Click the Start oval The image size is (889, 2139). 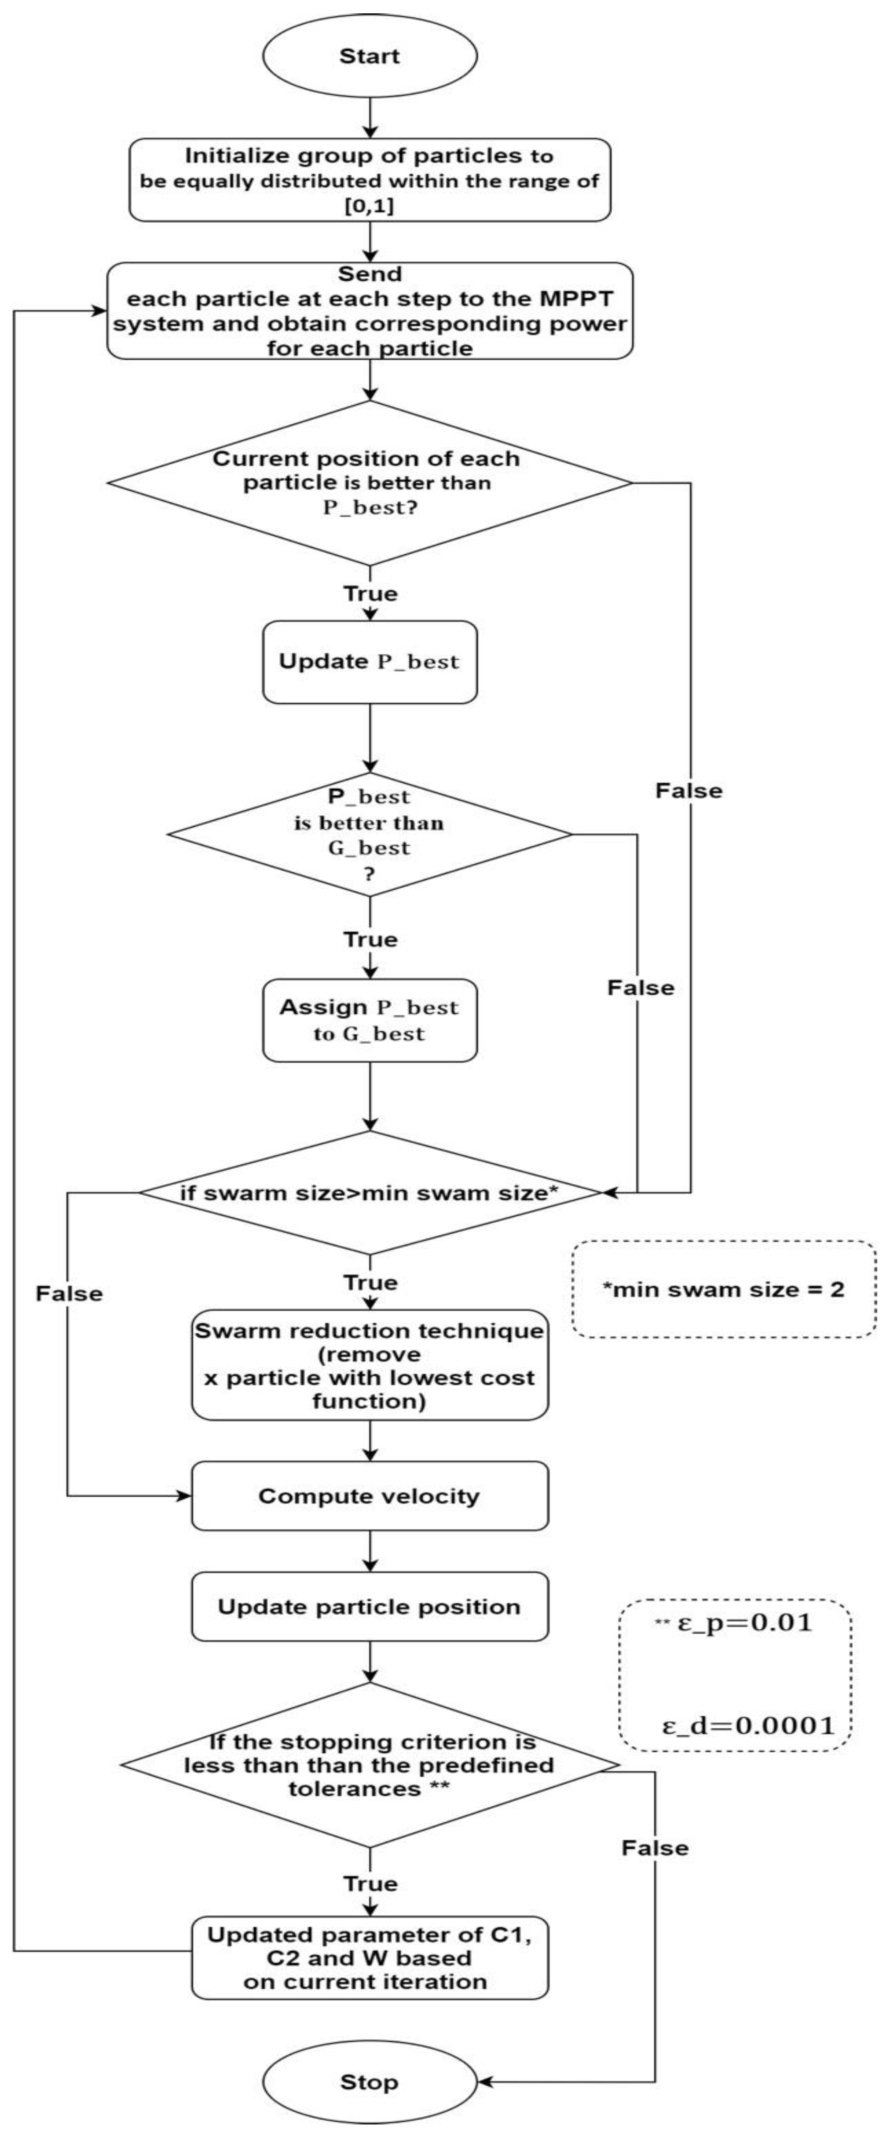click(370, 57)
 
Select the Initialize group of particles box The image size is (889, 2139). click(370, 180)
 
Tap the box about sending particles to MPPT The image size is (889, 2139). click(370, 311)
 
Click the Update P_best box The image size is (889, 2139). click(370, 662)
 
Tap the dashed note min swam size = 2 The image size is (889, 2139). click(723, 1289)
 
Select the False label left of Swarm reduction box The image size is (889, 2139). click(69, 1294)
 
